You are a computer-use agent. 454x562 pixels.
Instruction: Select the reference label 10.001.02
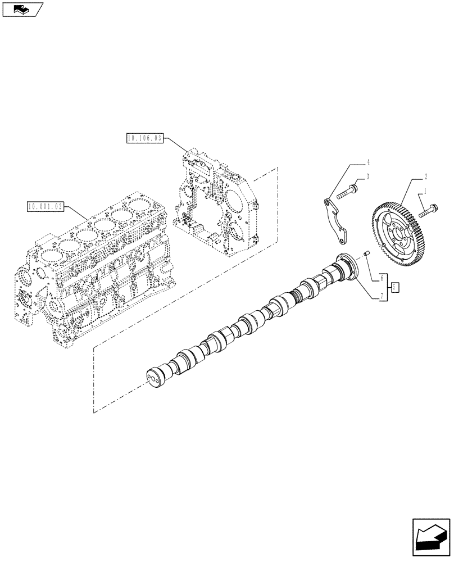(x=45, y=206)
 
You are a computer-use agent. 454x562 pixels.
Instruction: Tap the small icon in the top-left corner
(x=22, y=9)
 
